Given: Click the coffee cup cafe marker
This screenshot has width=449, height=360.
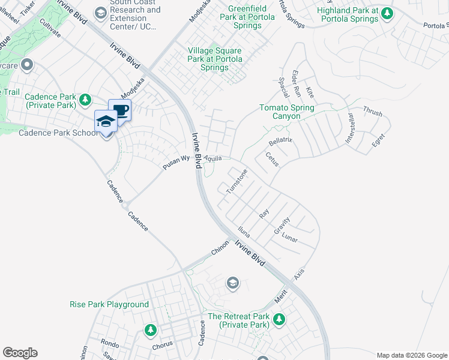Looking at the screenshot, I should [x=120, y=110].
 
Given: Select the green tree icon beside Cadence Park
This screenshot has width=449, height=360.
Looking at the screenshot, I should [x=85, y=99].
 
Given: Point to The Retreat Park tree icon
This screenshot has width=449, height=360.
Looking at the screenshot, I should [x=279, y=320].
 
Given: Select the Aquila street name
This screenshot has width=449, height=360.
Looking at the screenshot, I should [x=213, y=158].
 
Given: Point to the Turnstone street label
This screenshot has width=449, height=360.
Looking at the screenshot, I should [x=236, y=181].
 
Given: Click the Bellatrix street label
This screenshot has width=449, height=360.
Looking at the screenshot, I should [x=280, y=142].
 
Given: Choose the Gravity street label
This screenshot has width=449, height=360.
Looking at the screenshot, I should [x=282, y=226].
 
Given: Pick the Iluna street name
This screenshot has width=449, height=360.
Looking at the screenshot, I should [x=243, y=231].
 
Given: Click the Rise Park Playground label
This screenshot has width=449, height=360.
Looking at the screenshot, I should [x=109, y=304].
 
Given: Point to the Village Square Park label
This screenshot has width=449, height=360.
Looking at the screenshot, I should [x=215, y=59].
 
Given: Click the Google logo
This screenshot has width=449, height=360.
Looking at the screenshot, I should [x=20, y=353].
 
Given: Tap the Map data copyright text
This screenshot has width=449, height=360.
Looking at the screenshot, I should [x=412, y=355].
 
